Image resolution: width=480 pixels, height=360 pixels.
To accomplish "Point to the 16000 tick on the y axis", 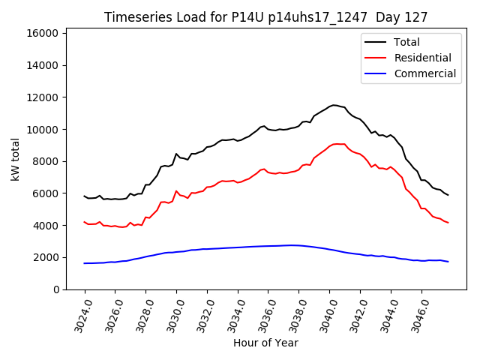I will pyautogui.click(x=42, y=33).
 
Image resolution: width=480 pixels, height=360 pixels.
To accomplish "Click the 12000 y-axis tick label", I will pyautogui.click(x=42, y=97).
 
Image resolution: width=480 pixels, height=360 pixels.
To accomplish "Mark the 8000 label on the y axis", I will pyautogui.click(x=45, y=161).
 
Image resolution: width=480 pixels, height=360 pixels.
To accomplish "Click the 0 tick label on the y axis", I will pyautogui.click(x=56, y=289).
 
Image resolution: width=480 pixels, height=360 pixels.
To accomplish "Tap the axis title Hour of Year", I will pyautogui.click(x=265, y=343).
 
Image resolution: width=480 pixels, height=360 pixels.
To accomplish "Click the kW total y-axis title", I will pyautogui.click(x=15, y=160).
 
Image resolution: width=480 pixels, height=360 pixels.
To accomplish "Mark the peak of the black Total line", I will pyautogui.click(x=334, y=105).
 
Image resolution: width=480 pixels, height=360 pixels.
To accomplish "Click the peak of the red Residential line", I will pyautogui.click(x=335, y=143).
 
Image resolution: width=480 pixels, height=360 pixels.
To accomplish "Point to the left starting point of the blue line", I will pyautogui.click(x=85, y=263).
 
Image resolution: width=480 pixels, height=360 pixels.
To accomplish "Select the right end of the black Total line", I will pyautogui.click(x=448, y=195).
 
